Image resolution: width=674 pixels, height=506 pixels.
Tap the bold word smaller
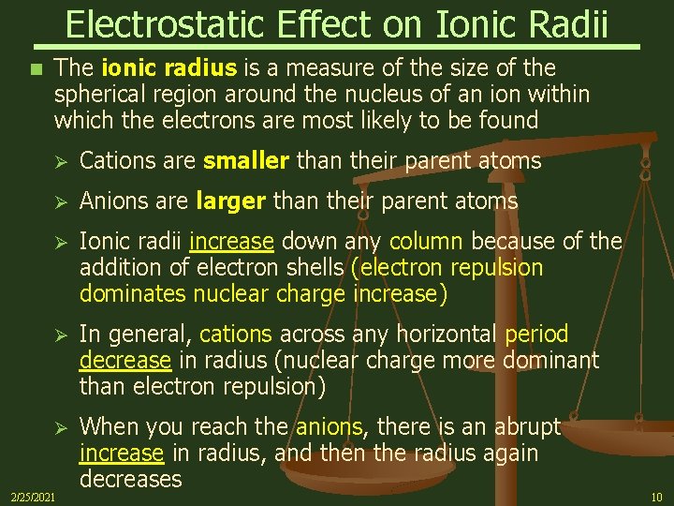coord(246,161)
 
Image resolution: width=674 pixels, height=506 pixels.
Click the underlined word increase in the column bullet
coord(231,242)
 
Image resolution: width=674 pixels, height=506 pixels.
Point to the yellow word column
coord(426,242)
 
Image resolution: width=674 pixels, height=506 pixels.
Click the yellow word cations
coord(235,335)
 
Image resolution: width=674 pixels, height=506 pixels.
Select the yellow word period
coord(536,335)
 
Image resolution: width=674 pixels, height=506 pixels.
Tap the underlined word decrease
coord(125,361)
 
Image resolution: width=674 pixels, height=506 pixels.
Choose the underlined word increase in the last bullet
coord(122,454)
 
